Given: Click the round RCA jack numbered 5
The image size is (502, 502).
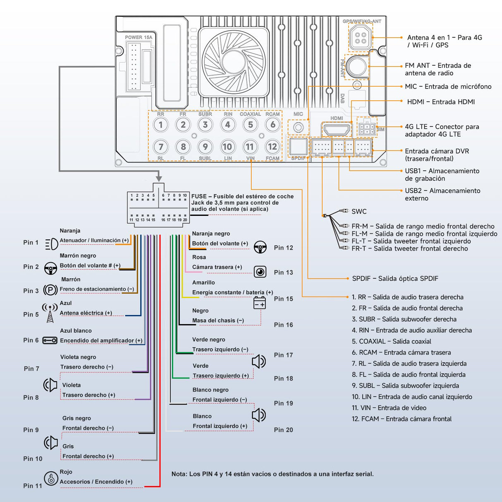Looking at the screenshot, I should point(250,124).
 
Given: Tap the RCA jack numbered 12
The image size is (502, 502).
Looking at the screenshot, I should point(272,146).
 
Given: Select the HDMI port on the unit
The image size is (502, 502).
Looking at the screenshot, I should point(336,129).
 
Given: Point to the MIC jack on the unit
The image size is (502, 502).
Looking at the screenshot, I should point(298,127).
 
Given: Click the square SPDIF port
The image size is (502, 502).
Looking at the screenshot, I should point(298,146).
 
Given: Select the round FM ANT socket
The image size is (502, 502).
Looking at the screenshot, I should point(356,66).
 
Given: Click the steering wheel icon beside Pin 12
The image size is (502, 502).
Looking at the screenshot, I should point(260,247).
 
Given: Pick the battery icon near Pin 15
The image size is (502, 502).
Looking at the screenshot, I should point(260,303).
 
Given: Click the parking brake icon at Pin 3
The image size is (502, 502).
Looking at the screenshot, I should point(50,290).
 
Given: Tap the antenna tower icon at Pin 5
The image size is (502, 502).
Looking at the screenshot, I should point(50,313).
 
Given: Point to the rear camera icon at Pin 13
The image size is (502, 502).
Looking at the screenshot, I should point(260,272).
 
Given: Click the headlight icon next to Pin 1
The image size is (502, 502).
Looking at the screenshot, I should point(51,244).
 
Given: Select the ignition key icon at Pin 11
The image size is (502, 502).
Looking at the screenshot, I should point(51,478).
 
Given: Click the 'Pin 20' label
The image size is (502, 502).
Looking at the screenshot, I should point(283,430).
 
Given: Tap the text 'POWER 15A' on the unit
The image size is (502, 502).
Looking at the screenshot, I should point(139,37).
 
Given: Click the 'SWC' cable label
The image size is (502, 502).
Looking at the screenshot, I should point(359,212).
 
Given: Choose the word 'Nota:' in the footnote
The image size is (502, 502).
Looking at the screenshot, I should point(179,474).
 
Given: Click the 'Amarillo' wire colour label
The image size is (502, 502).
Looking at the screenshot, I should point(203,282).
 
